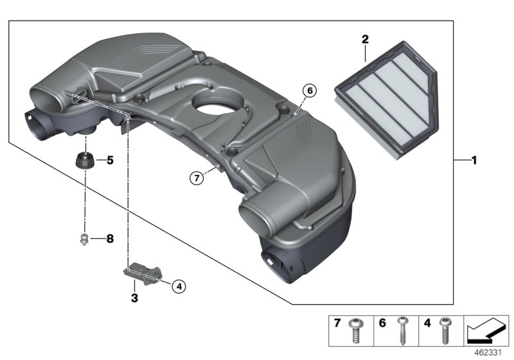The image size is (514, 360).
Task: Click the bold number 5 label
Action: (109, 160)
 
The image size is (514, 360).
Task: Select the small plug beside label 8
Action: (84, 240)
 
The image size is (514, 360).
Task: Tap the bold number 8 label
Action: (109, 239)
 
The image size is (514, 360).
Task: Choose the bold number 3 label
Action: (135, 298)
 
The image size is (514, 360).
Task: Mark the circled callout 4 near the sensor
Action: (179, 287)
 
